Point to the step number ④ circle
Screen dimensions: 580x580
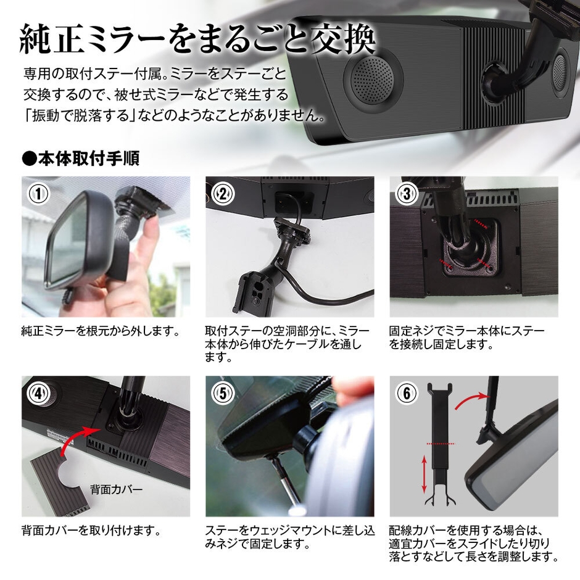point(39,393)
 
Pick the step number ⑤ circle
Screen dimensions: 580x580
point(223,393)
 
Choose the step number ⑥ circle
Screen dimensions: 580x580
point(407,393)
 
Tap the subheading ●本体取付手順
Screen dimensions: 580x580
point(80,159)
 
